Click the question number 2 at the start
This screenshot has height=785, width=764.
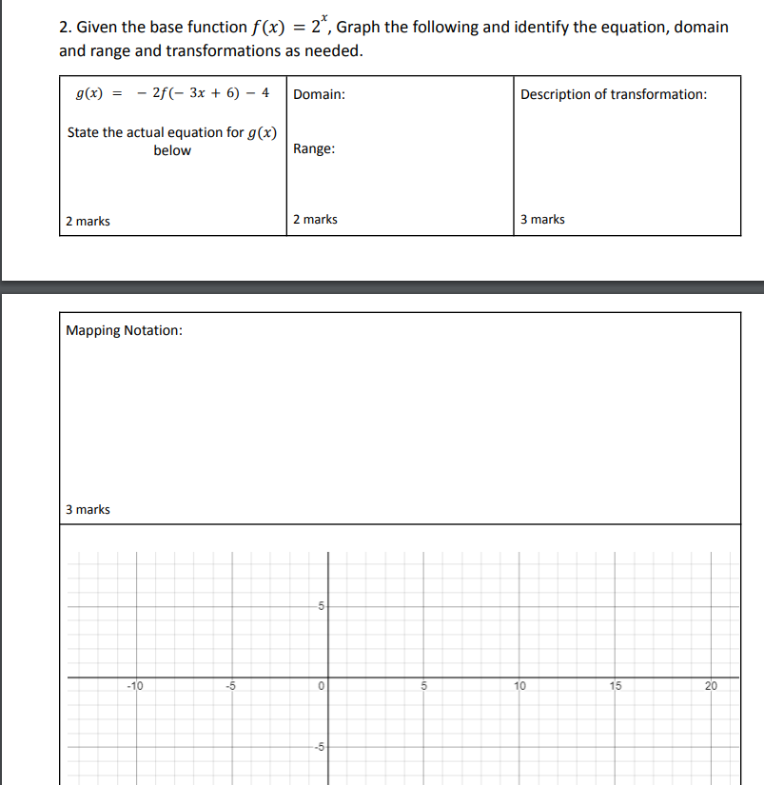[63, 28]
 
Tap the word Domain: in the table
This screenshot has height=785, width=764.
[319, 95]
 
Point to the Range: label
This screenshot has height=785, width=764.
[314, 149]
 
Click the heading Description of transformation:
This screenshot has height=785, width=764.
[614, 94]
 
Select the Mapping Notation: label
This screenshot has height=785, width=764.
[125, 330]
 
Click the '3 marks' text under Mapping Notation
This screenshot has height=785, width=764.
[88, 510]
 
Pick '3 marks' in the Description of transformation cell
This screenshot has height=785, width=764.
[542, 220]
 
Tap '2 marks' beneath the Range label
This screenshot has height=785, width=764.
[315, 220]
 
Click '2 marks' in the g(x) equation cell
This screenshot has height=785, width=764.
[88, 222]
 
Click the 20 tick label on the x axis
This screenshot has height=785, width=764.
[711, 685]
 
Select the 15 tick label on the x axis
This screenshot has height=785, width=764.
[616, 685]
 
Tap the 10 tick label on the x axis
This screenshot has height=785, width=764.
[519, 685]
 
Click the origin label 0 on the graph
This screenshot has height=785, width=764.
[322, 685]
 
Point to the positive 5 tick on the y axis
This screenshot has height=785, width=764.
[321, 606]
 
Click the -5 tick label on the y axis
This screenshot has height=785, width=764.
[319, 747]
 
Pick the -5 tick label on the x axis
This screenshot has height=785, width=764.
[230, 685]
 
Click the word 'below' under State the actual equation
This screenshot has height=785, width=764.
[172, 150]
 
